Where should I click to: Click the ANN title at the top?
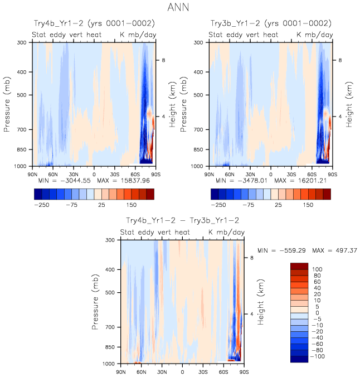pos(180,8)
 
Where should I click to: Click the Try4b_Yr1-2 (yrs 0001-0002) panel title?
pos(93,23)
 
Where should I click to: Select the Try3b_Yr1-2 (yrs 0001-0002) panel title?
pos(270,23)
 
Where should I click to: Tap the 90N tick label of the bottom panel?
pos(120,371)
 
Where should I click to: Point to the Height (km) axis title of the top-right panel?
pos(349,104)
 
